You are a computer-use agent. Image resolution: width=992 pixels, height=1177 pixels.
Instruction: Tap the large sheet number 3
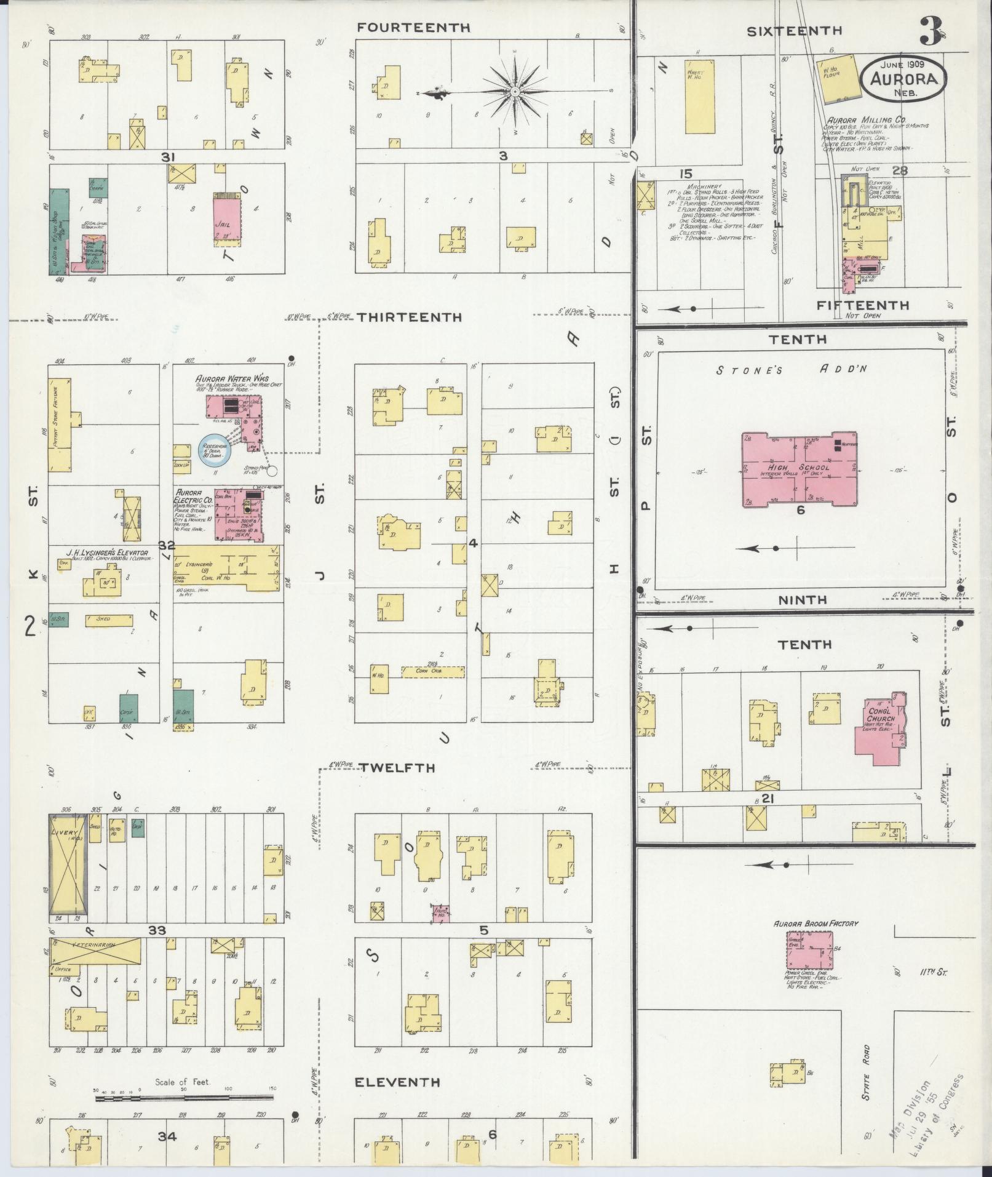(x=931, y=31)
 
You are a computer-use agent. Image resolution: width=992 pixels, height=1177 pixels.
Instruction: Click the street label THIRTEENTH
(x=409, y=317)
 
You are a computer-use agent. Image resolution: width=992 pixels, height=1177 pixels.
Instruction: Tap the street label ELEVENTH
(x=398, y=1082)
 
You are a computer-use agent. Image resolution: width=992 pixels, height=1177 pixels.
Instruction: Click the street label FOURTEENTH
(x=413, y=28)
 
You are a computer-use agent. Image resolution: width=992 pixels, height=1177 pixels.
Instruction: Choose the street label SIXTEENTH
(x=795, y=31)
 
